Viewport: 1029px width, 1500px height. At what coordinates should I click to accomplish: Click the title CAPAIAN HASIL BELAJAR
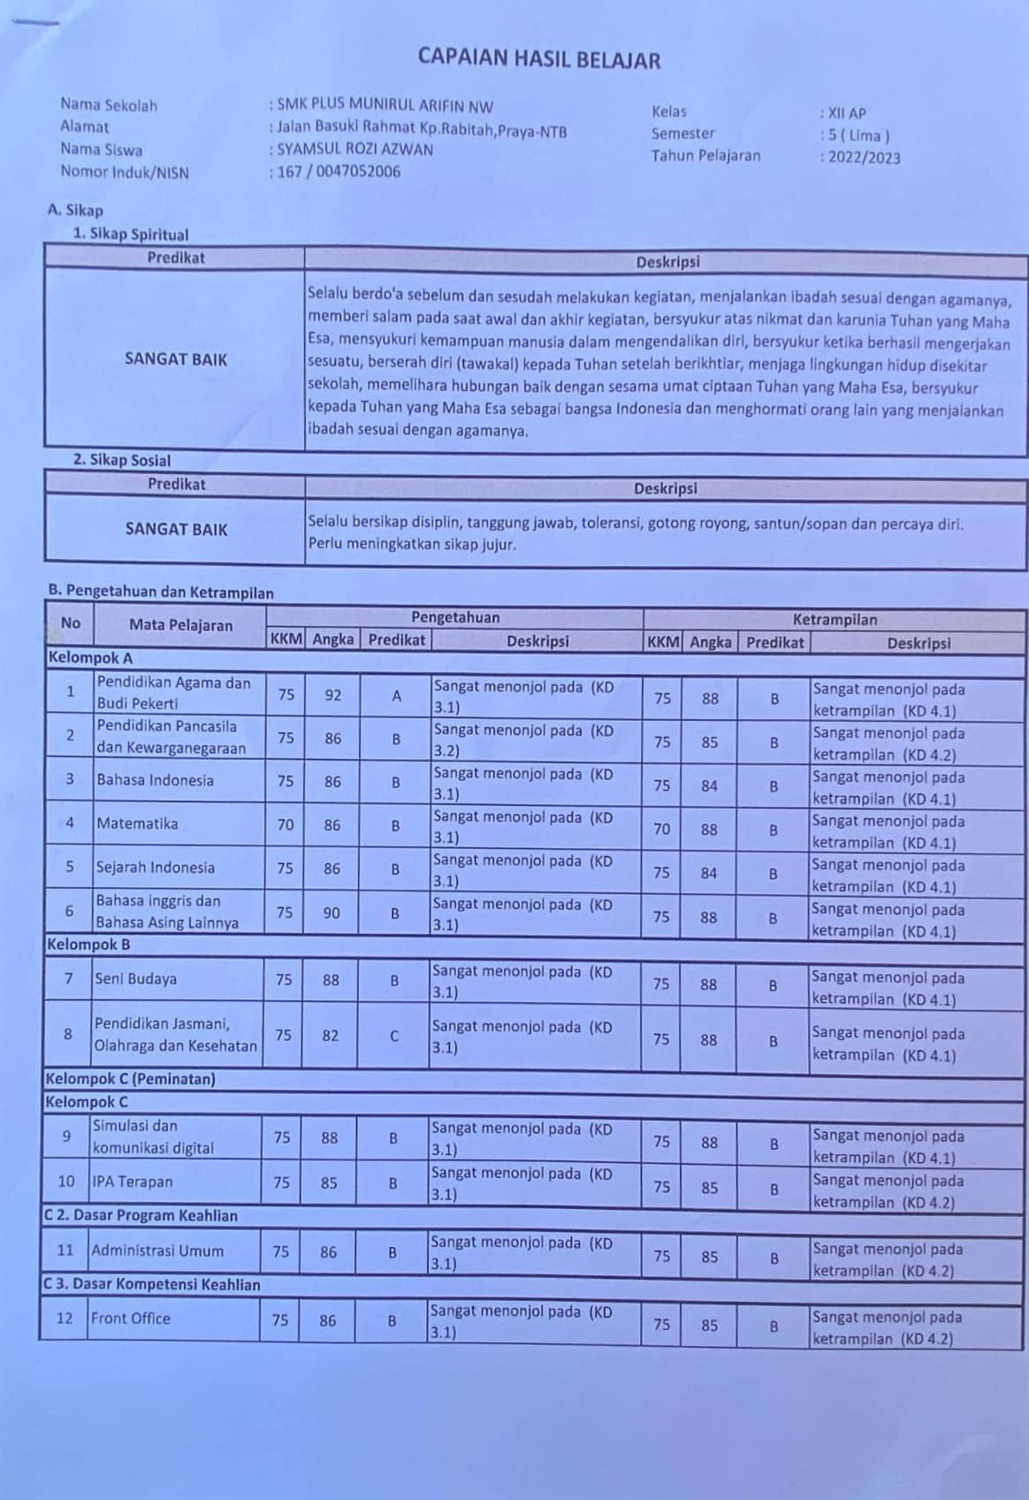point(538,59)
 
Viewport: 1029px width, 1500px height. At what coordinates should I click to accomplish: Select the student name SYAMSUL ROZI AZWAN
point(355,149)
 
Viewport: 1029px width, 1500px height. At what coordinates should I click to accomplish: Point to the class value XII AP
point(846,113)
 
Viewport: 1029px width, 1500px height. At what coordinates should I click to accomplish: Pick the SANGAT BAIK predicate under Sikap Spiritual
point(176,359)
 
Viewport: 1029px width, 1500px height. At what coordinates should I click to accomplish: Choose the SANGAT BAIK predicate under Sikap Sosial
point(176,529)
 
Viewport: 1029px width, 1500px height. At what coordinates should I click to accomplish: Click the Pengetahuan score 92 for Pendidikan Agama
point(332,695)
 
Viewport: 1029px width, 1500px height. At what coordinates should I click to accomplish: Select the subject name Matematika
point(137,823)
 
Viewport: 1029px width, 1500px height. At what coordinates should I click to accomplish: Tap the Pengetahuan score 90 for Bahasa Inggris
point(332,913)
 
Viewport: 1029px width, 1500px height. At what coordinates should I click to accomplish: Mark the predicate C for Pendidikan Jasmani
point(394,1036)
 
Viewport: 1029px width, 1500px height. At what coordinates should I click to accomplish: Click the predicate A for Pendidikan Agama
point(396,696)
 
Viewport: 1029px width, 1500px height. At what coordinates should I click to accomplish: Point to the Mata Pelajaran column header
point(180,624)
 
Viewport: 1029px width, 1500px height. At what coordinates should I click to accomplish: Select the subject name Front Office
point(130,1318)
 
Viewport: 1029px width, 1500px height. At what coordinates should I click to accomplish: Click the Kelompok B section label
point(88,945)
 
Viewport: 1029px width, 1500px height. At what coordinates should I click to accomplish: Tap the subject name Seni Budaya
point(136,979)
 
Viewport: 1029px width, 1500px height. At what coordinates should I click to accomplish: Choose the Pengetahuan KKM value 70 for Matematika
point(285,825)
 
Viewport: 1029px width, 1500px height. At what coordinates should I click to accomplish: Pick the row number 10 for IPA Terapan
point(66,1181)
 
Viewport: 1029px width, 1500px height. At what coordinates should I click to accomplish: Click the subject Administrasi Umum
point(157,1251)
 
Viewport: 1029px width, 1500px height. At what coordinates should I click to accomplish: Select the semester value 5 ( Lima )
point(857,135)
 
